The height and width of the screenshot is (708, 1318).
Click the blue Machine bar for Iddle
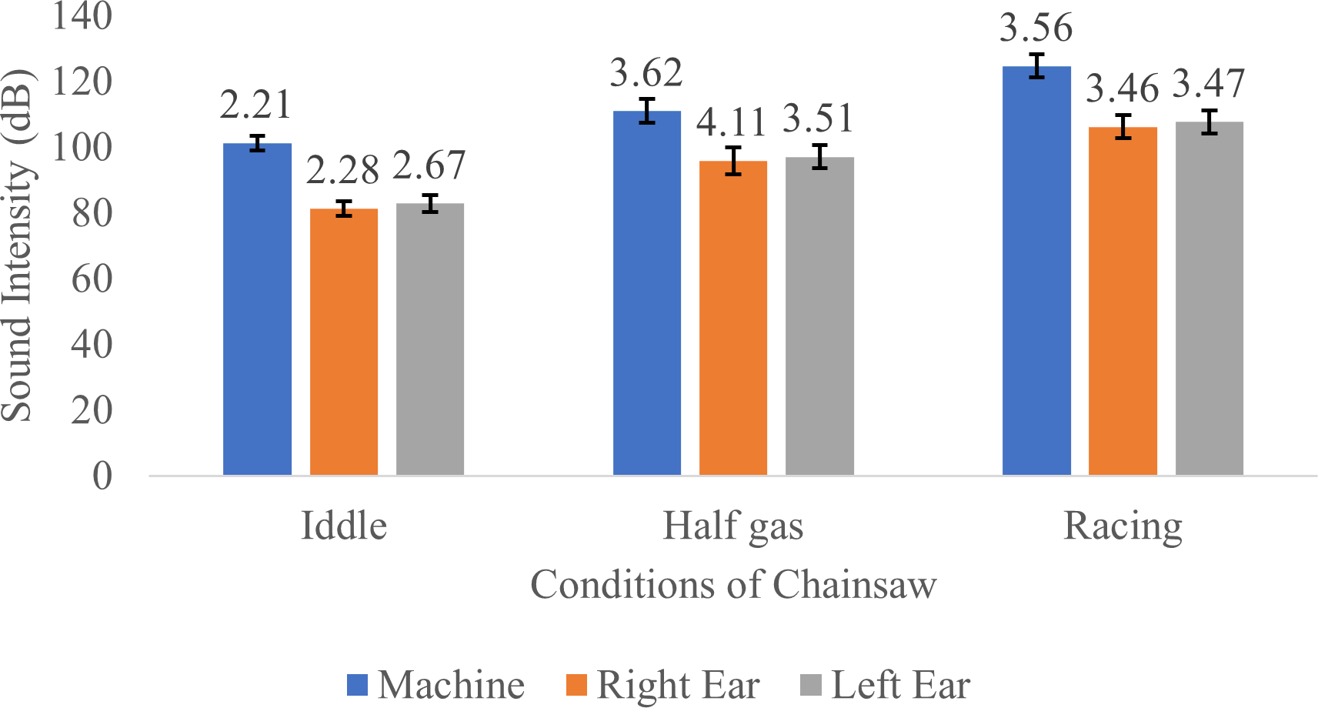[257, 309]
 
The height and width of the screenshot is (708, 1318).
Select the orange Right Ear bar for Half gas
[732, 318]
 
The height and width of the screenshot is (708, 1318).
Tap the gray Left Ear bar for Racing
[1209, 299]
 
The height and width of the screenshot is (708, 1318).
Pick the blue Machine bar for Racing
[1036, 271]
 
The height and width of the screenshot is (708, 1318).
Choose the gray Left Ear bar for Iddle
[430, 339]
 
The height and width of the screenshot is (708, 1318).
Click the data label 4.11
[732, 122]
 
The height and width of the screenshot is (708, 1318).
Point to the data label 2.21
[255, 105]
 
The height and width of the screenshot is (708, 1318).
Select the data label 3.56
[1036, 28]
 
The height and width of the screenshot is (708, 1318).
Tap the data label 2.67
[429, 165]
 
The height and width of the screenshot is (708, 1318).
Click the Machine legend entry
[435, 685]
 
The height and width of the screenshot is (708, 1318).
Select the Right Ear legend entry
[662, 685]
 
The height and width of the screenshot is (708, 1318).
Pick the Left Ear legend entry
[885, 685]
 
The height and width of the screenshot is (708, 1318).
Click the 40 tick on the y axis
[92, 344]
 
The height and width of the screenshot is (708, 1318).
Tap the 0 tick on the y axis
[102, 476]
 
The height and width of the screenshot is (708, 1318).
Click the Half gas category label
[732, 526]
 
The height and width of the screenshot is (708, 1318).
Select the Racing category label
[1123, 526]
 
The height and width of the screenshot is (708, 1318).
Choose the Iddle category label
[343, 526]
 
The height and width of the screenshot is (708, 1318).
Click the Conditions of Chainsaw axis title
[733, 584]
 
